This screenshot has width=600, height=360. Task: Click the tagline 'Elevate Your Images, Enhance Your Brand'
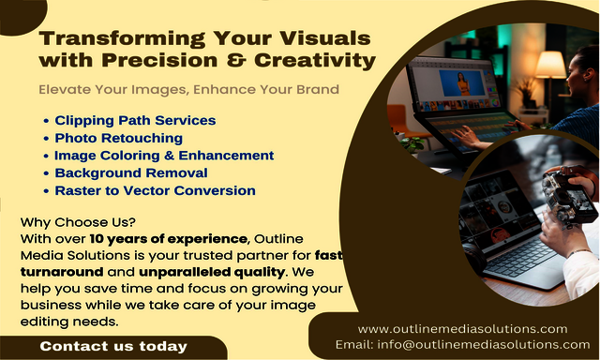point(188,90)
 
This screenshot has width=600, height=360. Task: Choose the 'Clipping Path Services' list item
point(135,120)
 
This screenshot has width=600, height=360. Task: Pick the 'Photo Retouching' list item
point(118,138)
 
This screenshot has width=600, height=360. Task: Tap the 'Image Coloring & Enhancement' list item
point(164,156)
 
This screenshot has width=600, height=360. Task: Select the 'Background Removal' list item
point(130,172)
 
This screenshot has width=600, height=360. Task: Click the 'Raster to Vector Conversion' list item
point(155,190)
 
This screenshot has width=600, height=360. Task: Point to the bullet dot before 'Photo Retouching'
point(46,139)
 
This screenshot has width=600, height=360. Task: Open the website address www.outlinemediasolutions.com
point(462,328)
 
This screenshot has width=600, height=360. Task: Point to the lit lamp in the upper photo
point(550,65)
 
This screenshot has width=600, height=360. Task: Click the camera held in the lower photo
point(571,197)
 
